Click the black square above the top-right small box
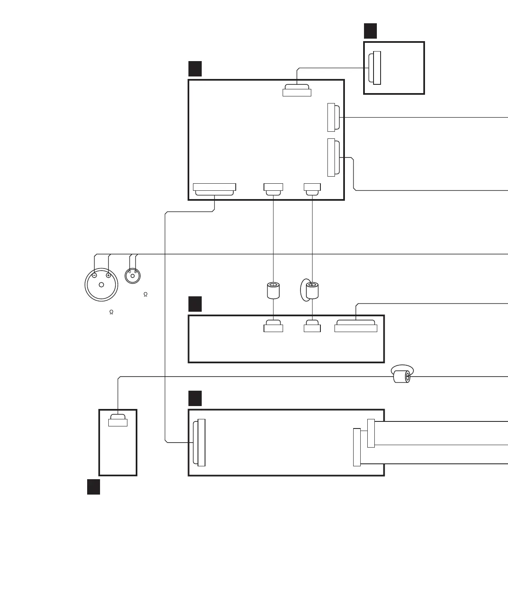[x=370, y=31]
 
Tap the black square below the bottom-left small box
[x=93, y=487]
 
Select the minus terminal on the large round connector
[x=95, y=275]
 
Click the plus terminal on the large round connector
[x=108, y=275]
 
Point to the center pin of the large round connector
[x=101, y=285]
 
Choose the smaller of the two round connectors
[x=132, y=275]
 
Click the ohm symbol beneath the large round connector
[x=111, y=312]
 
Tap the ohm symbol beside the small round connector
[x=145, y=295]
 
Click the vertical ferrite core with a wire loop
[x=312, y=291]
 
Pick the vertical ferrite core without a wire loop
[x=273, y=291]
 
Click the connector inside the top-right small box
[x=375, y=68]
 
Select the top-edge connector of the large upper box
[x=297, y=91]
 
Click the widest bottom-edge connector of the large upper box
[x=215, y=189]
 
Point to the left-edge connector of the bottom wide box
[x=200, y=443]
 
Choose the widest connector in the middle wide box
[x=356, y=326]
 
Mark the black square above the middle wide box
[x=195, y=304]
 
